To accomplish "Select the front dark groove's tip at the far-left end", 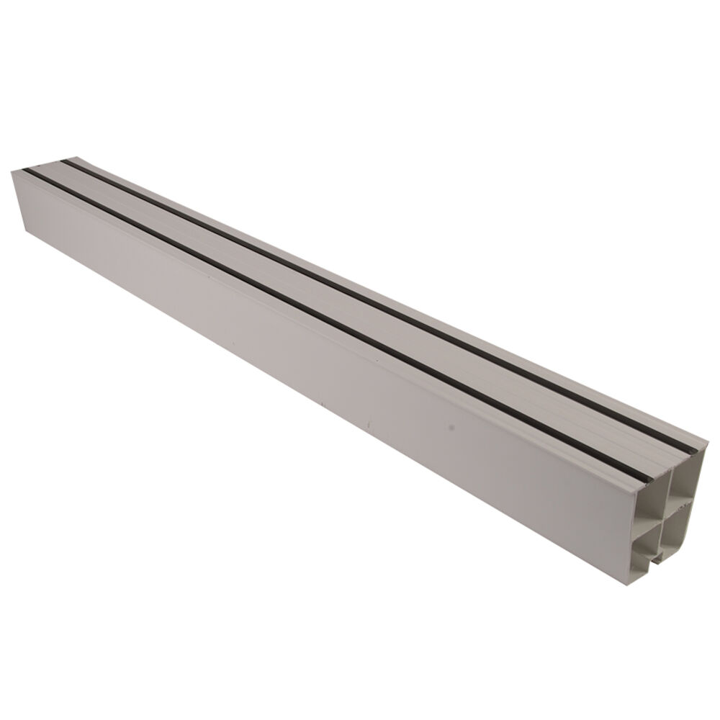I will pyautogui.click(x=24, y=171).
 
